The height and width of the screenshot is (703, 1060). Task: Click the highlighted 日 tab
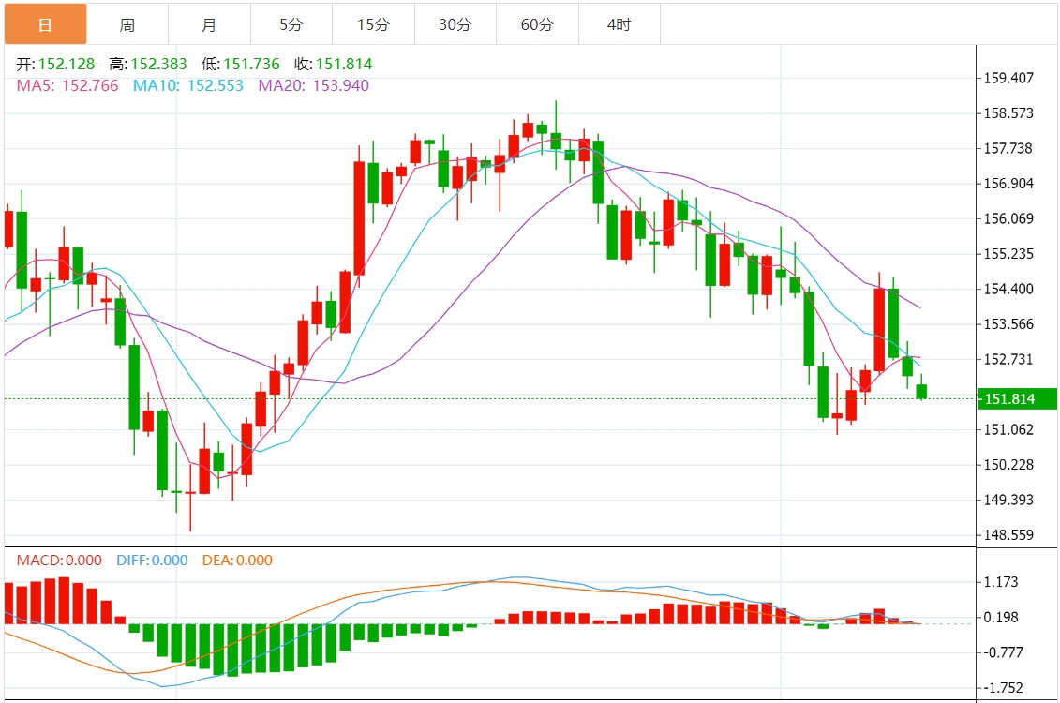(45, 24)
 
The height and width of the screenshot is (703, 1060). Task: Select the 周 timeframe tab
(127, 24)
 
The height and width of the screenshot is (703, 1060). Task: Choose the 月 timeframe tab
(209, 24)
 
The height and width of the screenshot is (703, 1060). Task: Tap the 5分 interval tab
(291, 24)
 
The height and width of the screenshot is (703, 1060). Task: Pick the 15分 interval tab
(373, 24)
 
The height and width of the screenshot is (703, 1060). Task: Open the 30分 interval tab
(455, 24)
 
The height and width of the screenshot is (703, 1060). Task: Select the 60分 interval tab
(537, 24)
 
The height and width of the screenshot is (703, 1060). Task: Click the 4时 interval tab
(619, 24)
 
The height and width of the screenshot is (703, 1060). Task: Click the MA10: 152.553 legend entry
(188, 85)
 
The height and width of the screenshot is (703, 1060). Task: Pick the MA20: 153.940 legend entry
(314, 85)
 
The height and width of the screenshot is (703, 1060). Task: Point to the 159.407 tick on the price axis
(1008, 78)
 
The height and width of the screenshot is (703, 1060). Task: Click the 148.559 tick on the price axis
(1008, 535)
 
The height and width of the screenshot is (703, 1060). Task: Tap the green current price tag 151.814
(1016, 399)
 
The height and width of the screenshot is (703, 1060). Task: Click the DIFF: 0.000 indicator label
(152, 561)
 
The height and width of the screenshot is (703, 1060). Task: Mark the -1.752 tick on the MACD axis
(1002, 687)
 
